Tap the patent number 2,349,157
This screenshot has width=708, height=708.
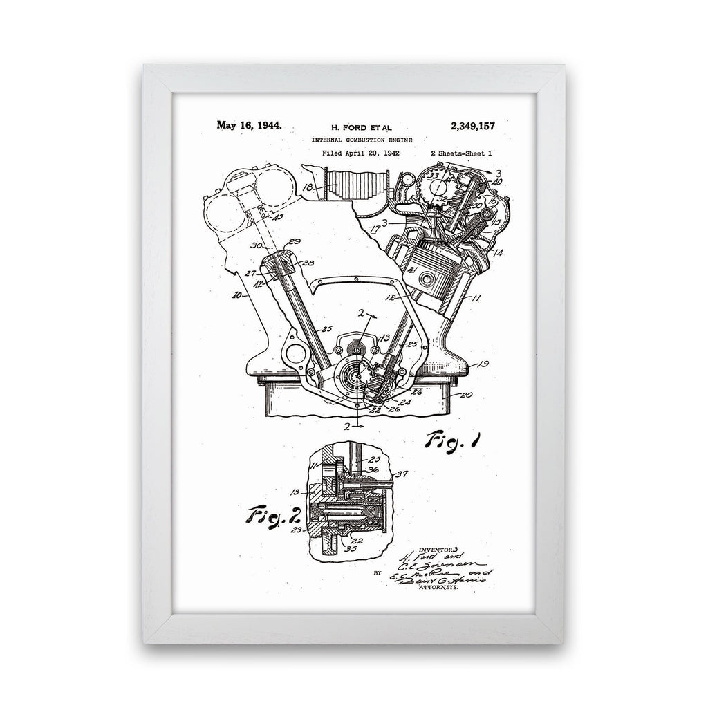pos(472,126)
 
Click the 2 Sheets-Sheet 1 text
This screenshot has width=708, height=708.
pos(461,154)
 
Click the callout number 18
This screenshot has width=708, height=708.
pos(308,187)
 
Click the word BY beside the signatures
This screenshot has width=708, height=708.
pos(377,572)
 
